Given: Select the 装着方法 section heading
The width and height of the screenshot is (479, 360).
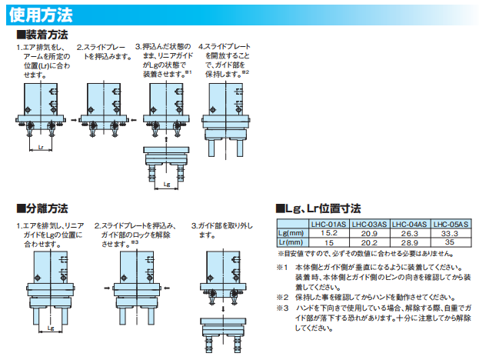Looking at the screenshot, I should (45, 35).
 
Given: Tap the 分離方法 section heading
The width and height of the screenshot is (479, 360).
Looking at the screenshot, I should (45, 208).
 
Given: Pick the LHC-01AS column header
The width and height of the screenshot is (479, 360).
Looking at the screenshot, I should (329, 223).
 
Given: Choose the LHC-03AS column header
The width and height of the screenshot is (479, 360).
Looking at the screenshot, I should (370, 223).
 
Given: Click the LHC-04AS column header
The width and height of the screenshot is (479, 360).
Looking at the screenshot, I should (410, 223).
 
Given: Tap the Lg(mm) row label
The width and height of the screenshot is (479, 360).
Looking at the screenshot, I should (291, 232).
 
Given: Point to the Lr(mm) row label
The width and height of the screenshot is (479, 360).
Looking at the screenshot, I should (291, 242).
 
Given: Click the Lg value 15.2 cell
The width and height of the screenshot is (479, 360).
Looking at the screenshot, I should (329, 232).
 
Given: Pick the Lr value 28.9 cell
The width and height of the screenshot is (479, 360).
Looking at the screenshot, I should (410, 242).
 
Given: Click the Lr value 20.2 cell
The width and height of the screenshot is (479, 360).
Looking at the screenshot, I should (370, 242).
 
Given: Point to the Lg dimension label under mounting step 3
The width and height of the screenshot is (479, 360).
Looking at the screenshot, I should (166, 185).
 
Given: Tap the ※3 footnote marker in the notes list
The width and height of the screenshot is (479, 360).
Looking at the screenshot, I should (283, 308).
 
